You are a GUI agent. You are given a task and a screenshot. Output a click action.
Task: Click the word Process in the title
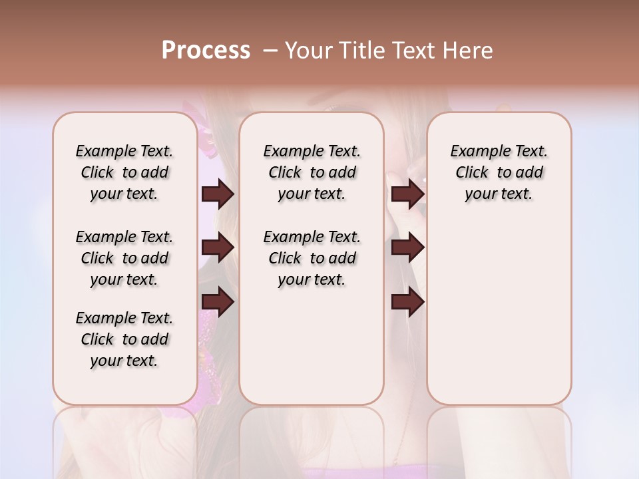(x=206, y=51)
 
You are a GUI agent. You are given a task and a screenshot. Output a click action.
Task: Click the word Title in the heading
(x=355, y=51)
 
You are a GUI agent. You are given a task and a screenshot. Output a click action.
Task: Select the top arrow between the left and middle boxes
(x=218, y=194)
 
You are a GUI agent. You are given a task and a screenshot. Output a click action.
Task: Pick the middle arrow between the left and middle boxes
(x=218, y=247)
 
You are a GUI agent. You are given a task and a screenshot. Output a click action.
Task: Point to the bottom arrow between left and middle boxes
(x=218, y=302)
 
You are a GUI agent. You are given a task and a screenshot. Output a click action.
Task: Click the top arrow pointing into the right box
(x=407, y=194)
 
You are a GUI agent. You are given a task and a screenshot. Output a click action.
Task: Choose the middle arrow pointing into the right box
(x=407, y=247)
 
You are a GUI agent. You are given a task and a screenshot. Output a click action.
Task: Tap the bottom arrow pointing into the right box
(x=407, y=302)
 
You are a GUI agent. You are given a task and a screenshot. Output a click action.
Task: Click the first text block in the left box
(x=124, y=172)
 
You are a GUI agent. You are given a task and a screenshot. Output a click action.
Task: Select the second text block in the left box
(x=124, y=258)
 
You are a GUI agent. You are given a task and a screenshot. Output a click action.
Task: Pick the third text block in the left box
(x=124, y=339)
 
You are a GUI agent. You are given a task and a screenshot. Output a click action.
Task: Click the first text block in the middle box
(x=312, y=172)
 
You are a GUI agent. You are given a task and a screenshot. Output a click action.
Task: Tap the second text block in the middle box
(x=312, y=258)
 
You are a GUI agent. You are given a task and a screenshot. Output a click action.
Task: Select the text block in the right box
(x=499, y=172)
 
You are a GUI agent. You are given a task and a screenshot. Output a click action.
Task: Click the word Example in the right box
(x=474, y=152)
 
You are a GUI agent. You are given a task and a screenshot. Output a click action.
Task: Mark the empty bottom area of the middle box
(x=312, y=353)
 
